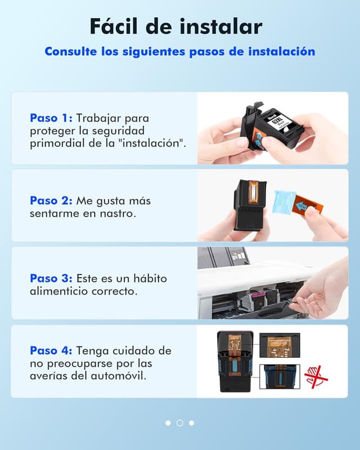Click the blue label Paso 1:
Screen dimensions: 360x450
(x=51, y=118)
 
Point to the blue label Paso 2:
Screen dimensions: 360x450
(x=51, y=200)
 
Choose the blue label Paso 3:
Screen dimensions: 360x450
(x=51, y=278)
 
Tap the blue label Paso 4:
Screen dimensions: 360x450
(x=51, y=350)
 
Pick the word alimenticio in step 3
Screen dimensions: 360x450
(x=59, y=291)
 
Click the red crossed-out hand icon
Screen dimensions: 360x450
(x=316, y=376)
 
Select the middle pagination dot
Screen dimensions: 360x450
(x=179, y=423)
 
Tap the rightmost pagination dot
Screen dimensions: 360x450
(x=191, y=423)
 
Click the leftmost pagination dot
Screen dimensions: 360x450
(x=168, y=423)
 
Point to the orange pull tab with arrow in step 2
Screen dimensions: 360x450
(x=308, y=204)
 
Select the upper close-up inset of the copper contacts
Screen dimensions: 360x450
(x=280, y=345)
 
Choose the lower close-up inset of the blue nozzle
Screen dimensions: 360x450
(x=280, y=376)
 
